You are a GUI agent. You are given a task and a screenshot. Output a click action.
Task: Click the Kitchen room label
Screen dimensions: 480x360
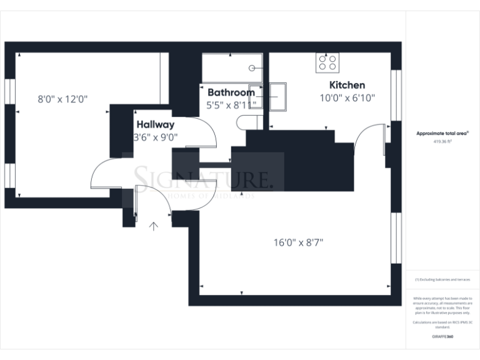click(x=347, y=85)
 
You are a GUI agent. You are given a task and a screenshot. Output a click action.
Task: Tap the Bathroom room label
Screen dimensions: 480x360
click(x=231, y=92)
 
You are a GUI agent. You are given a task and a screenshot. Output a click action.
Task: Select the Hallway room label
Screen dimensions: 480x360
click(x=156, y=124)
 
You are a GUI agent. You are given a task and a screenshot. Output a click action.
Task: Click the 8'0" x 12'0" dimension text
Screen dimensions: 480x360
click(x=62, y=99)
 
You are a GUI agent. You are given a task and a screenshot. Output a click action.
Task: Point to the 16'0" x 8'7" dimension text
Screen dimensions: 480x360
click(x=297, y=242)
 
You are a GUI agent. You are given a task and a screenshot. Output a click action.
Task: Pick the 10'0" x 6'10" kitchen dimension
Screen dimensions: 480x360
click(x=347, y=98)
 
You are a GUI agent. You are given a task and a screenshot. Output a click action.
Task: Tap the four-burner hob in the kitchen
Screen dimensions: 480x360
click(x=328, y=62)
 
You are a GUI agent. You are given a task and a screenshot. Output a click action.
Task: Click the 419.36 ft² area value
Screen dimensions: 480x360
click(x=443, y=142)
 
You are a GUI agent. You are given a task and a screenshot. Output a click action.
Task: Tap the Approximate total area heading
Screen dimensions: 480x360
click(x=442, y=133)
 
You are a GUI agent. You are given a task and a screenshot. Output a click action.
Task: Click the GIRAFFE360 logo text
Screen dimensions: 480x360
click(x=442, y=336)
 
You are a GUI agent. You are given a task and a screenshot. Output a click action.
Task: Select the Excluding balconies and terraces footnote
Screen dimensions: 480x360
click(x=442, y=279)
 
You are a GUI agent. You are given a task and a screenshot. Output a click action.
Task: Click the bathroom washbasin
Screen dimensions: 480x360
click(x=256, y=96)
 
